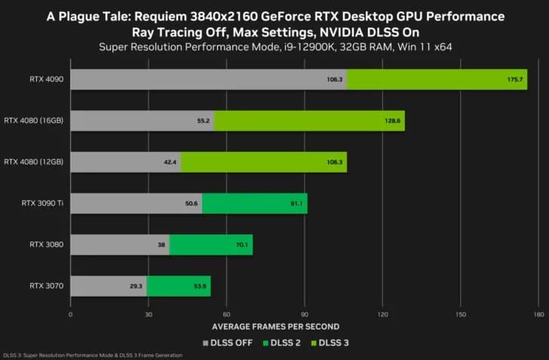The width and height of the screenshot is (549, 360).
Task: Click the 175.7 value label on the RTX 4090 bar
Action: [517, 78]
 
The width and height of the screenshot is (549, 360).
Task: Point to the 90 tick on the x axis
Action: [304, 314]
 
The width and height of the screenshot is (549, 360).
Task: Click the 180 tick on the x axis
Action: [538, 314]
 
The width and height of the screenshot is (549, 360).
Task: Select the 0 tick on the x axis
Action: [70, 314]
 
